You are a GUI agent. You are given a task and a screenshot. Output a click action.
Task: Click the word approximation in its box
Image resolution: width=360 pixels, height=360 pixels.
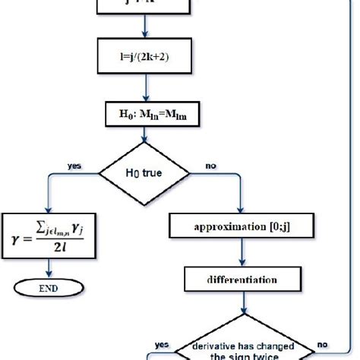226,226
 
